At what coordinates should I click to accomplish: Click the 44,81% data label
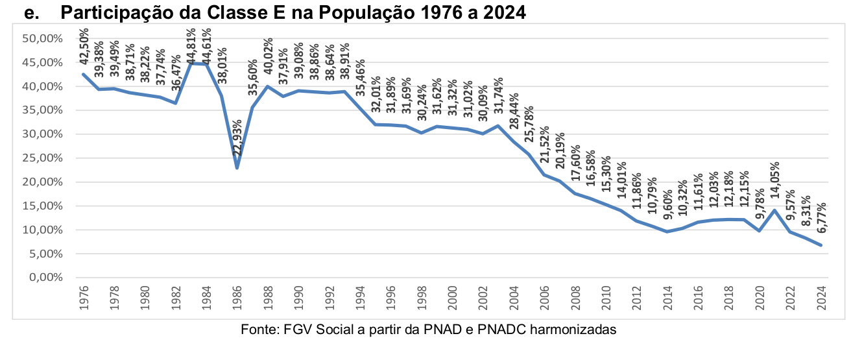tap(191, 47)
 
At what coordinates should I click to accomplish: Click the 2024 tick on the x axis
tap(821, 298)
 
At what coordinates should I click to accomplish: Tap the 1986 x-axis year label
tap(237, 298)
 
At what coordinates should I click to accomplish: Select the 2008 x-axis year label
tap(575, 298)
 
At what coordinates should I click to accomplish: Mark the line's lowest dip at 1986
tap(237, 168)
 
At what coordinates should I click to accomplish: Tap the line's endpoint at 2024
tap(821, 245)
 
